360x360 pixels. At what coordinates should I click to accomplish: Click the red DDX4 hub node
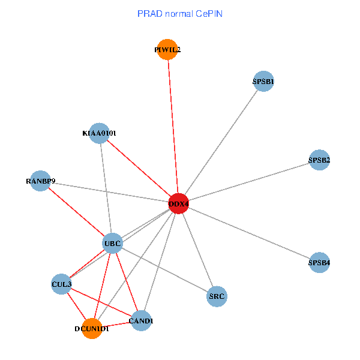179,204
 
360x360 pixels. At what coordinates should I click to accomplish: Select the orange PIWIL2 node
167,50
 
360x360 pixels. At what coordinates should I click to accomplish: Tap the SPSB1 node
263,82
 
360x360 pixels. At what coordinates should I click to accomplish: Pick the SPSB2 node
319,160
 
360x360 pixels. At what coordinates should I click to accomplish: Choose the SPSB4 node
319,263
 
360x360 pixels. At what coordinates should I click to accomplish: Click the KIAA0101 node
99,133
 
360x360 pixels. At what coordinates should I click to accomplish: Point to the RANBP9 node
40,181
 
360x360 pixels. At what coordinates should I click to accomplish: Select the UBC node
112,243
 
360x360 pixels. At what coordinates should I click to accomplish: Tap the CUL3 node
61,284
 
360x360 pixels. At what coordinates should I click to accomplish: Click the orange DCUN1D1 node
92,329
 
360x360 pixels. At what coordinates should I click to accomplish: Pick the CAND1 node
142,321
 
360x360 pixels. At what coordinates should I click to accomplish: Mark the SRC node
217,296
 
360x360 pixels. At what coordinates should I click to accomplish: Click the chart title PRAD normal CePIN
180,14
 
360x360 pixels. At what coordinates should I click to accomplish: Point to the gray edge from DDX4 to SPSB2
249,182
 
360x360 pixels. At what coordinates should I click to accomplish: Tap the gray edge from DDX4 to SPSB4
249,233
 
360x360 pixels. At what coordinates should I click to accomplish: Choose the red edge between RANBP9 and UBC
76,212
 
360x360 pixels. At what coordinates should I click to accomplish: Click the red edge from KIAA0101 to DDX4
139,169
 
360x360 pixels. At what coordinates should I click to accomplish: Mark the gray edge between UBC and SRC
165,269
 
